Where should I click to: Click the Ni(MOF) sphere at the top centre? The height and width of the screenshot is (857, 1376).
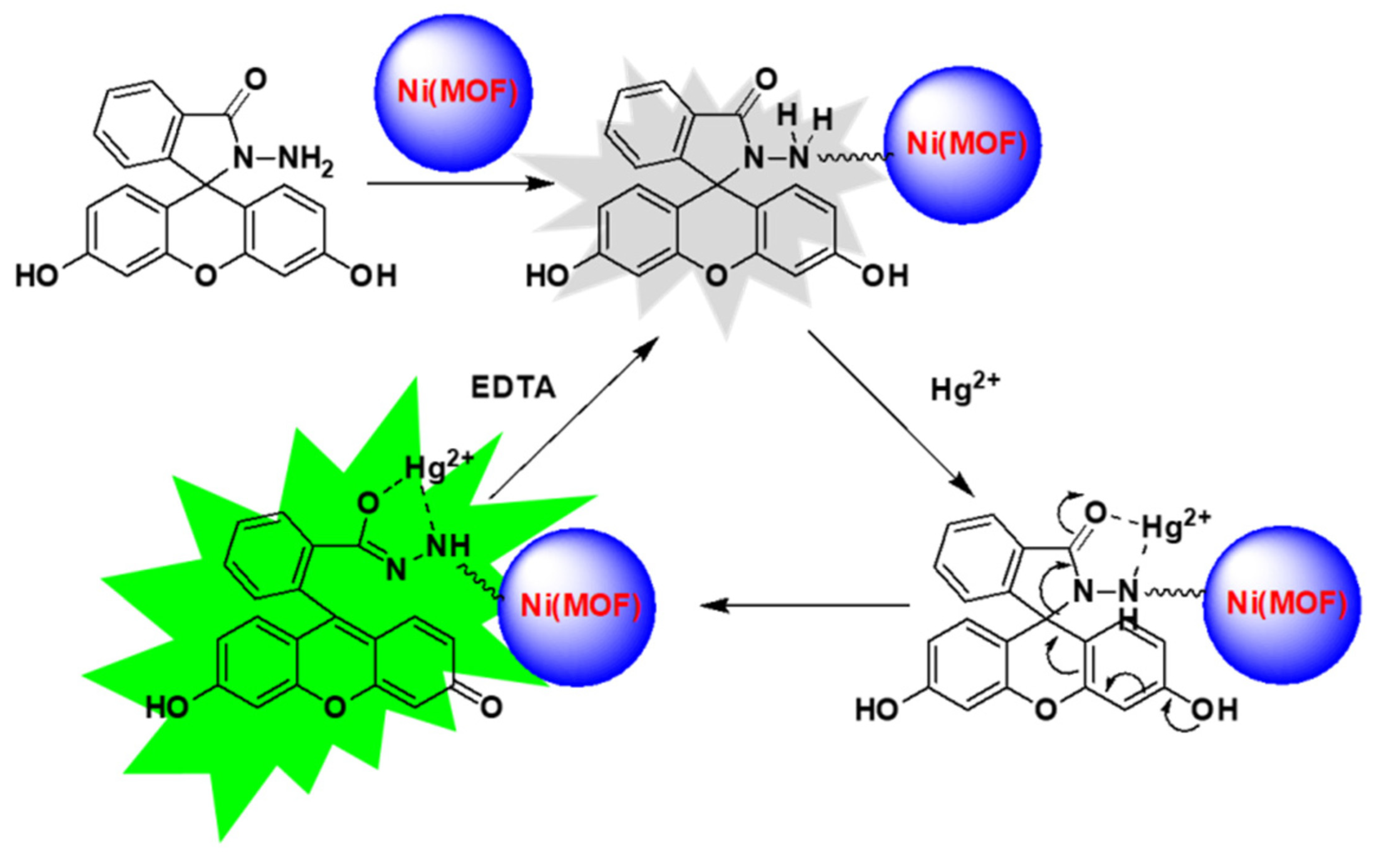pyautogui.click(x=454, y=92)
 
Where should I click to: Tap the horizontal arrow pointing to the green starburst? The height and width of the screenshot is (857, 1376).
pyautogui.click(x=805, y=605)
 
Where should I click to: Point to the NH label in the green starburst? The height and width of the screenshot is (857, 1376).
pyautogui.click(x=448, y=547)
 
